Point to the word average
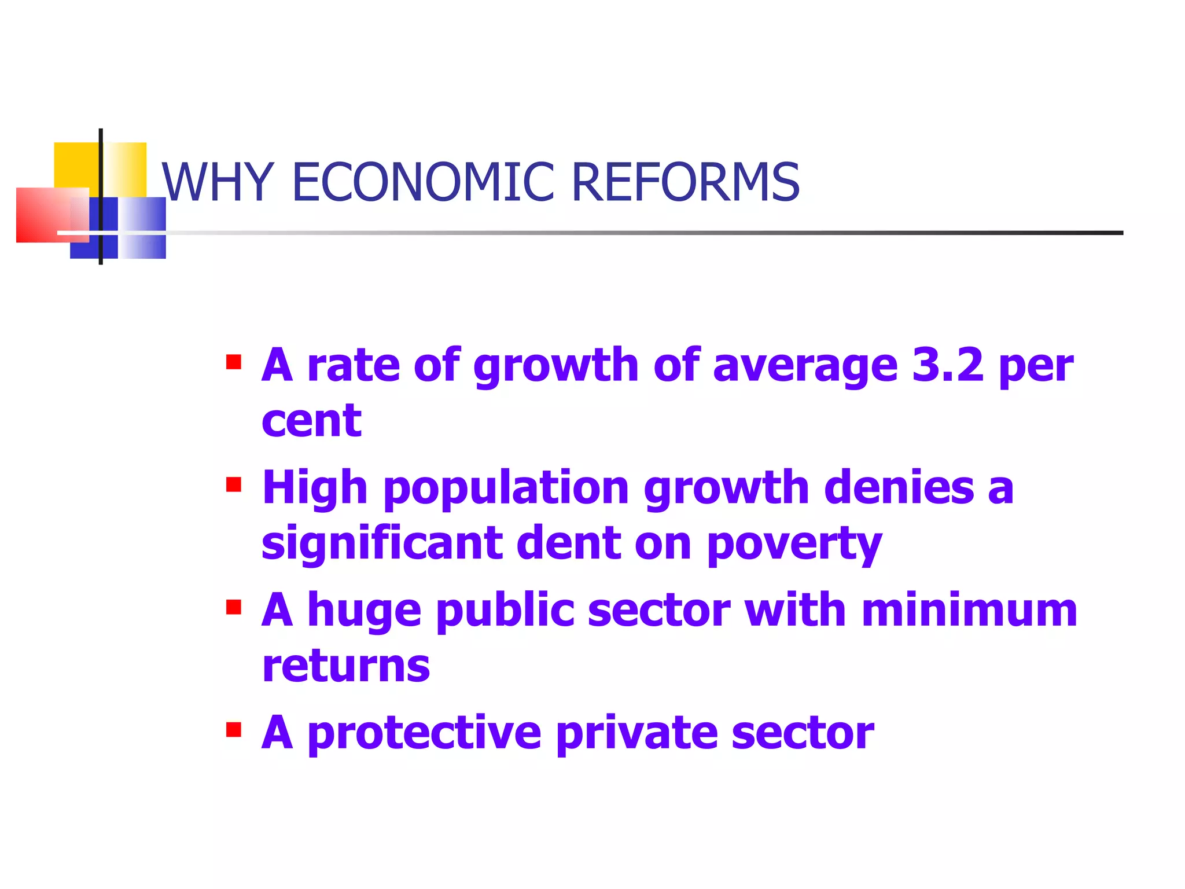tap(805, 367)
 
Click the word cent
tap(311, 421)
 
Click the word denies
tap(899, 487)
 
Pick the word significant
tap(382, 543)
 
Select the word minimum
tap(969, 610)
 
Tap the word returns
tap(346, 666)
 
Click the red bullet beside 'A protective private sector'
tap(234, 730)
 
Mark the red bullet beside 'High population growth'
tap(234, 484)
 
